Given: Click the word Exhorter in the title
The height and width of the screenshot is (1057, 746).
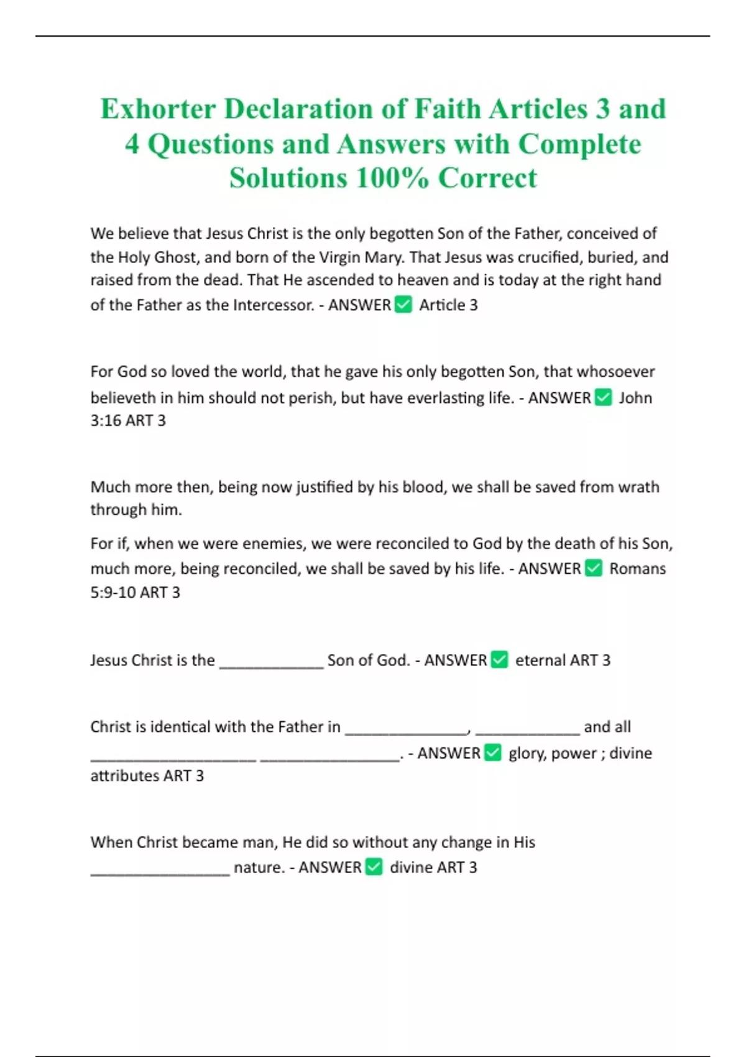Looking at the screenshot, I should [158, 109].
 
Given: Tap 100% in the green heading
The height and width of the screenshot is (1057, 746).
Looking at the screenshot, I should [392, 178].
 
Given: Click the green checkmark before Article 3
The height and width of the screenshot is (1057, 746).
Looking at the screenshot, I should [403, 305].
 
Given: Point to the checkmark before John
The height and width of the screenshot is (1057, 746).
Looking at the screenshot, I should [604, 397].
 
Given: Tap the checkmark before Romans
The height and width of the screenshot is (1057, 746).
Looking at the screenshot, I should [594, 568].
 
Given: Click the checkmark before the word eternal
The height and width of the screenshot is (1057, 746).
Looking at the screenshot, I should [500, 660].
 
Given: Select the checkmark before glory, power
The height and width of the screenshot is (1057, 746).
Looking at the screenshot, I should [493, 753].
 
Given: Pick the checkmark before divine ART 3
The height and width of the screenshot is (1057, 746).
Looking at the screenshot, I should [374, 867].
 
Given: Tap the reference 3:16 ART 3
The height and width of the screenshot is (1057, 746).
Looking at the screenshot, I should [128, 421].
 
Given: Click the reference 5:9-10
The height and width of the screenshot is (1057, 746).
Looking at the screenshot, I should [113, 592].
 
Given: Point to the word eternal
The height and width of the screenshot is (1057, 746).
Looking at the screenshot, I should [540, 660].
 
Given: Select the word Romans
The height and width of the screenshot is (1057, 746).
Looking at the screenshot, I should [637, 568].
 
